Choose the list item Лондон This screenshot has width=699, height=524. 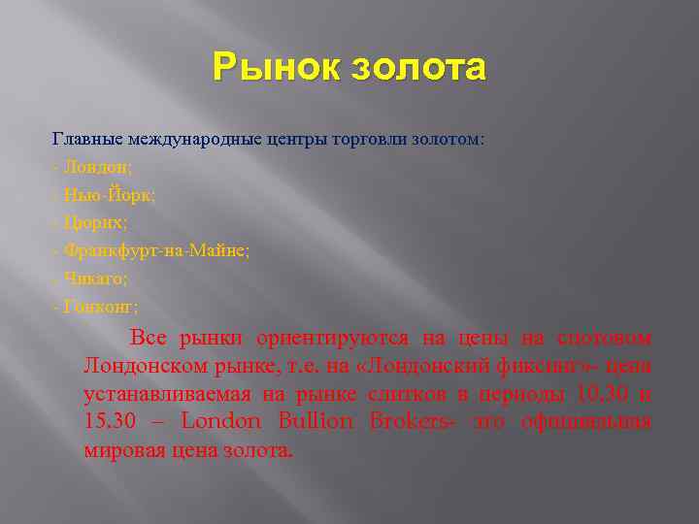(x=96, y=167)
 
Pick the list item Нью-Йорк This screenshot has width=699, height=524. (x=108, y=194)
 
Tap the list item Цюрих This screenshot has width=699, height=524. (x=94, y=222)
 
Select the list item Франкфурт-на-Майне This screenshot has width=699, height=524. (x=155, y=250)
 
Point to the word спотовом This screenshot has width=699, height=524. (x=604, y=338)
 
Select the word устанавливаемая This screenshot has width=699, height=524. (x=166, y=394)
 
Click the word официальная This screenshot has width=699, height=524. (x=586, y=422)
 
